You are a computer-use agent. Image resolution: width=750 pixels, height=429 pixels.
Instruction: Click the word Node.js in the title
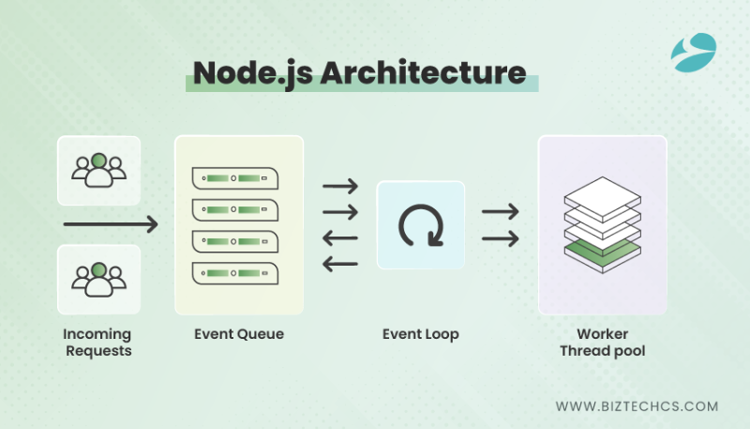point(253,74)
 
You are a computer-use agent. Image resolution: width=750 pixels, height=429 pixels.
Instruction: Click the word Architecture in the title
point(424,73)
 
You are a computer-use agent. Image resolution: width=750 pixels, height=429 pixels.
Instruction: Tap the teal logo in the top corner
point(694,53)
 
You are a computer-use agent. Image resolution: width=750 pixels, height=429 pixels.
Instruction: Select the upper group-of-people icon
point(98,170)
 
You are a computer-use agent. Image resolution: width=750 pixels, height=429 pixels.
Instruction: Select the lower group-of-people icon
point(98,279)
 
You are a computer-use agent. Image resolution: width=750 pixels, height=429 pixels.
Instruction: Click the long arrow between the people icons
point(111,224)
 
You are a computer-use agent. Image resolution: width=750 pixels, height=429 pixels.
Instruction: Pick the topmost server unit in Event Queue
point(235,178)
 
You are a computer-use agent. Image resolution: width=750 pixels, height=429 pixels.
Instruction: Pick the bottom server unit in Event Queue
point(235,273)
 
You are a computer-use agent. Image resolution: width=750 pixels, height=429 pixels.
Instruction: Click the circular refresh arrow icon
point(421,225)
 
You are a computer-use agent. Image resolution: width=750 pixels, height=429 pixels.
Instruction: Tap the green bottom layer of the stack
point(602,253)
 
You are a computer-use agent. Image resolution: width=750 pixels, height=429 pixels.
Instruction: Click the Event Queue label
point(239,334)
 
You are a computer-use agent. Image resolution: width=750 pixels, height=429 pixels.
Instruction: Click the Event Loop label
point(420,334)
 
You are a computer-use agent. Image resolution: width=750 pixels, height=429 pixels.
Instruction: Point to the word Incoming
point(97,334)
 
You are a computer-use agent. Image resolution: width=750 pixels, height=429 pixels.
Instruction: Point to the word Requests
point(98,351)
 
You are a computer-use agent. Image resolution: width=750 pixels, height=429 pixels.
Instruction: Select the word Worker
point(602,334)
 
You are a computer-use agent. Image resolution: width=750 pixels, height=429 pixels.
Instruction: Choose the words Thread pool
point(602,351)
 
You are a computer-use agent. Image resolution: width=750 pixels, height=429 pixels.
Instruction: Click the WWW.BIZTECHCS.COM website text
point(637,406)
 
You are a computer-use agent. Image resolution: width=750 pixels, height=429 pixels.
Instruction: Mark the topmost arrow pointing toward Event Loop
point(340,186)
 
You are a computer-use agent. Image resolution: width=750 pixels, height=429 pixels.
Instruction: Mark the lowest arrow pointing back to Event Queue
point(340,264)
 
